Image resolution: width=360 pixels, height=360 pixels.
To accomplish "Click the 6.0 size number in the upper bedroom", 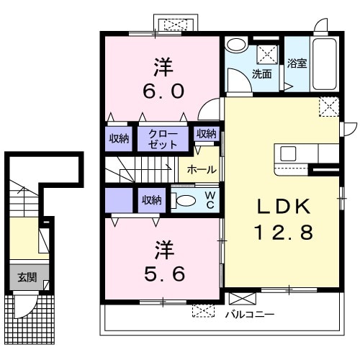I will [x=162, y=91].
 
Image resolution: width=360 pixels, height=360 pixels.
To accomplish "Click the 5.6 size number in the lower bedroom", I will [x=162, y=274].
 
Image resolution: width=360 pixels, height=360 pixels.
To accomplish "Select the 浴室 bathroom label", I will [x=297, y=63].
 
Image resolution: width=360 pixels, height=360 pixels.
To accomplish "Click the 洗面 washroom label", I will [x=262, y=73].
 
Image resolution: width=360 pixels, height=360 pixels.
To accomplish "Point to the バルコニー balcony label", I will [x=249, y=314].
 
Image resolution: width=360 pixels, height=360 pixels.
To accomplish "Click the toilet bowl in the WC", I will [x=185, y=201].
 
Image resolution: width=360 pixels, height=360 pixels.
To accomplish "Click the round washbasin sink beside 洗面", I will [x=237, y=45].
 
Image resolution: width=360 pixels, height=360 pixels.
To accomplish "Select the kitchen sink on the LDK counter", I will [x=288, y=153].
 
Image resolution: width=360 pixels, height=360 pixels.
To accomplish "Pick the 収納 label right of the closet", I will [x=206, y=134].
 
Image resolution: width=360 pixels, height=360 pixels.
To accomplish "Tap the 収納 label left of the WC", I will [x=151, y=200].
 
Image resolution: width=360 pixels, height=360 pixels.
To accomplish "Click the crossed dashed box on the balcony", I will [x=204, y=312].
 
